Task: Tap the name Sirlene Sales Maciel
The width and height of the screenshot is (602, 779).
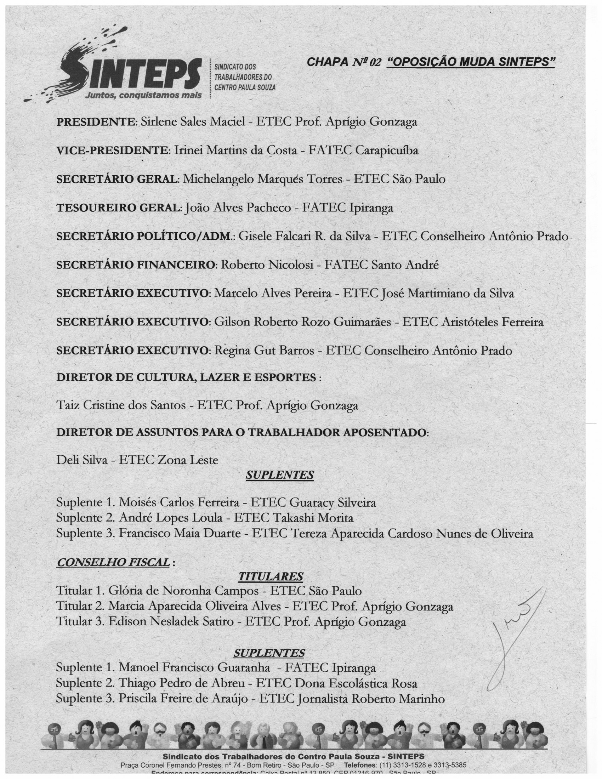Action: tap(193, 122)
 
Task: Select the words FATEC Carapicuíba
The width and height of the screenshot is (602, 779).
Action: tap(363, 150)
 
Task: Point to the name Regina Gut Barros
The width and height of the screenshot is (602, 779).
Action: tap(264, 351)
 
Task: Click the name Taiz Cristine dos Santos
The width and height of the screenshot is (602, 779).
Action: tap(121, 405)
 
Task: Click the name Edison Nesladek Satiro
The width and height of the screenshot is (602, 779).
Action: tap(171, 622)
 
